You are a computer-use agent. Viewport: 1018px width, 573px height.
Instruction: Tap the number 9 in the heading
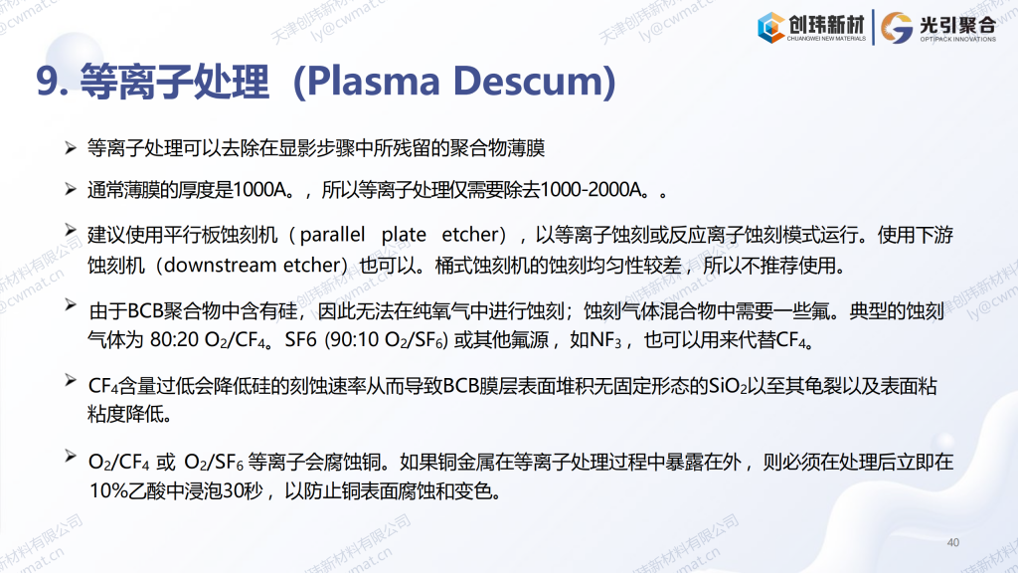[x=48, y=82]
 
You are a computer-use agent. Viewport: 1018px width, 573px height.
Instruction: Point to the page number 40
[x=953, y=542]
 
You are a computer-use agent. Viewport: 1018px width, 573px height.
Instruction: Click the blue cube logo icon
[x=770, y=28]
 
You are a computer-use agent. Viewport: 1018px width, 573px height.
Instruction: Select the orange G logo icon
[x=897, y=28]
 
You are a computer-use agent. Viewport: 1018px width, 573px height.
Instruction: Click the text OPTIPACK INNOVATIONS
[x=957, y=39]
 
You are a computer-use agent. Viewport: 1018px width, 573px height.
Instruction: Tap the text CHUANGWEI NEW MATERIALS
[x=826, y=39]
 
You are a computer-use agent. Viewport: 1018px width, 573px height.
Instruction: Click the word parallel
[x=332, y=235]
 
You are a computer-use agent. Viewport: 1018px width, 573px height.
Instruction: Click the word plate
[x=404, y=235]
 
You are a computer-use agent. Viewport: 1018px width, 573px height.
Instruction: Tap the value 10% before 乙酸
[x=108, y=490]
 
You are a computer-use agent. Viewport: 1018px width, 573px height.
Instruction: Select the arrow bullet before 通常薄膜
[x=71, y=189]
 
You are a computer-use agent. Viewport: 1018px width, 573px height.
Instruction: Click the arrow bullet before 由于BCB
[x=71, y=304]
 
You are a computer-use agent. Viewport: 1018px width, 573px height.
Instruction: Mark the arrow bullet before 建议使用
[x=71, y=230]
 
